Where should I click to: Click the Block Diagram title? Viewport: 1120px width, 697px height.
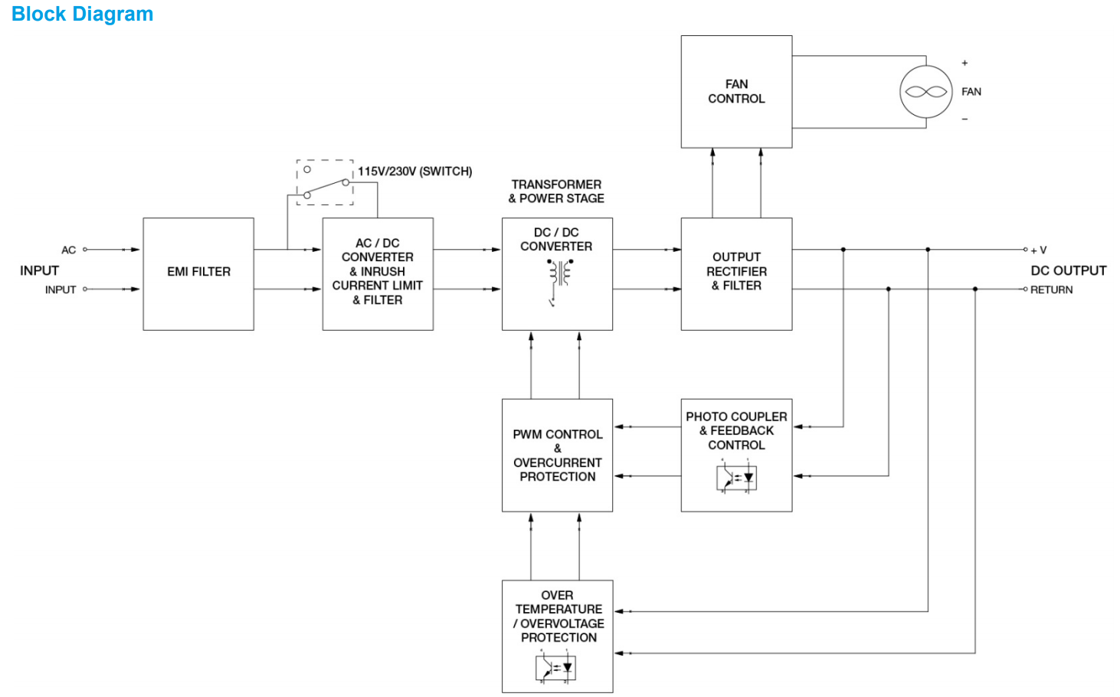(x=82, y=14)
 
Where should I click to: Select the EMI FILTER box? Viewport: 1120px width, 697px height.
(x=198, y=273)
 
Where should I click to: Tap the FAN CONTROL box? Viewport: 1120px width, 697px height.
(x=736, y=91)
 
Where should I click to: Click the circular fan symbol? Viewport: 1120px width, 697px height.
(x=925, y=92)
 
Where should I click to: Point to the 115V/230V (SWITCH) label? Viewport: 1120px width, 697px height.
(x=414, y=172)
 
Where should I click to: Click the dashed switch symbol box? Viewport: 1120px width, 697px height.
(x=325, y=182)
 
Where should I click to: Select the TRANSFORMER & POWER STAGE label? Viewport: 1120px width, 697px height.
(x=556, y=191)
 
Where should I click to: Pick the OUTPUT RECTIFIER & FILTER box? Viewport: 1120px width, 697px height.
(x=736, y=273)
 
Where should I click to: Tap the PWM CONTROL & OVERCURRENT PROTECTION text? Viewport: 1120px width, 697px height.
(x=557, y=455)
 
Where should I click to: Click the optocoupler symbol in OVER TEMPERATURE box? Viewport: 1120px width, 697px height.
(x=555, y=667)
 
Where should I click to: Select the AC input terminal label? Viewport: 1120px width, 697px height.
(x=68, y=250)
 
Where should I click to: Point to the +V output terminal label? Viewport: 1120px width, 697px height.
(x=1039, y=250)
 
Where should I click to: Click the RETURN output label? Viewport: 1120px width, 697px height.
(x=1051, y=290)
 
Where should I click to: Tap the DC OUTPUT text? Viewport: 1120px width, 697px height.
(x=1068, y=270)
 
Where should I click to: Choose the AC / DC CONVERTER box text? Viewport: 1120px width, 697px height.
(x=378, y=272)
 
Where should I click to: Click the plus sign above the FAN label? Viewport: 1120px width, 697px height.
(x=964, y=63)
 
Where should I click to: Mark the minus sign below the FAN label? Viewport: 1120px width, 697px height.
(x=964, y=119)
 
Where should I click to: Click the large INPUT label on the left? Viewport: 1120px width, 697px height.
(x=39, y=270)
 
